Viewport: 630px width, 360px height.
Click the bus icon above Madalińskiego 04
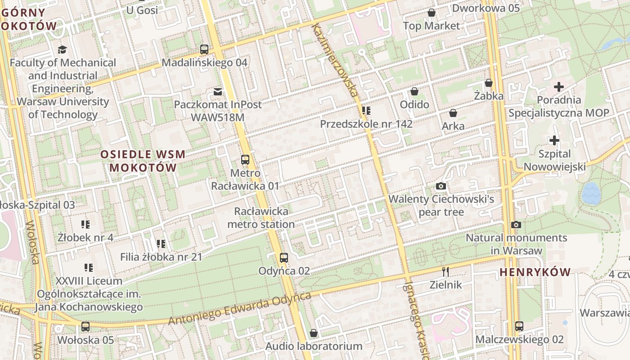[204, 49]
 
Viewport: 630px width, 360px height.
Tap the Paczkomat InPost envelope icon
[218, 92]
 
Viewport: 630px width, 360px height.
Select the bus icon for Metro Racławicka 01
[245, 160]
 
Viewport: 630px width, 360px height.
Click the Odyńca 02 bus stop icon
[283, 258]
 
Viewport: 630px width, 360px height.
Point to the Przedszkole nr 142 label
[366, 124]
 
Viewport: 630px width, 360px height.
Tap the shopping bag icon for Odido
[414, 92]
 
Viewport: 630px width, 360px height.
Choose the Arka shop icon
[453, 113]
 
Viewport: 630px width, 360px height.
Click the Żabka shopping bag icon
[489, 83]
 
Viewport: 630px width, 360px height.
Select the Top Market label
[432, 26]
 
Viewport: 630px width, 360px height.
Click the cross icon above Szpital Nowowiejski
[554, 141]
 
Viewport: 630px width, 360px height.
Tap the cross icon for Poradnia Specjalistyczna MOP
[559, 87]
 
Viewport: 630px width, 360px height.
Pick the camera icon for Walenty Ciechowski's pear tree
[441, 186]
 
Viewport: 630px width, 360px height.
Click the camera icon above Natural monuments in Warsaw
[516, 225]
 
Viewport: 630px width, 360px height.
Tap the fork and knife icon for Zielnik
[445, 271]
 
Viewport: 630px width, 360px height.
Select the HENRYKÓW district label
[535, 272]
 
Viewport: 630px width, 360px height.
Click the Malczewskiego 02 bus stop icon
[519, 326]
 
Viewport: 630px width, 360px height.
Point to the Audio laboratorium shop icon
[314, 333]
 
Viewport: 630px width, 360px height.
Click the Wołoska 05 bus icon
[85, 327]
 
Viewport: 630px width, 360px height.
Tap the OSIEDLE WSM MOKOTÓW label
[143, 161]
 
